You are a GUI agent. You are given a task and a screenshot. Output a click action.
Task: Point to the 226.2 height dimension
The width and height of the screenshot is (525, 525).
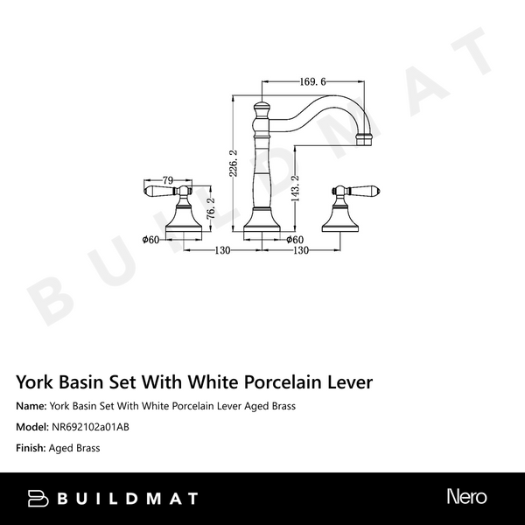coord(233,164)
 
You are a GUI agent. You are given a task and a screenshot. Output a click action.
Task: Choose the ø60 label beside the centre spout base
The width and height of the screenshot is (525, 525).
coord(294,239)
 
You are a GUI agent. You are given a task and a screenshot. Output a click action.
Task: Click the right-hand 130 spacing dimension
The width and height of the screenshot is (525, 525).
coord(300,250)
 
